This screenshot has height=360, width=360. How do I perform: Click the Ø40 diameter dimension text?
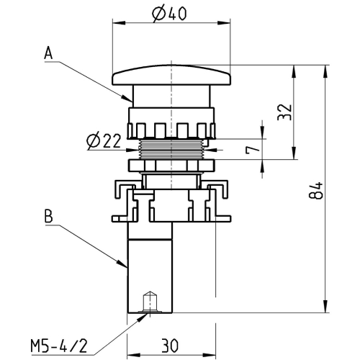pos(169,14)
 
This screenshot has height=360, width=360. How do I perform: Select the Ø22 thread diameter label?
pos(104,141)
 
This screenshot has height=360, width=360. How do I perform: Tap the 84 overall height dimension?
pos(315,191)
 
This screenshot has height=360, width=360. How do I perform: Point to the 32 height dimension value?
pos(284,112)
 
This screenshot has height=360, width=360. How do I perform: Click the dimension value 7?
pos(253,150)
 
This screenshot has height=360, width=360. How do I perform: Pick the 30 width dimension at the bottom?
pos(169,346)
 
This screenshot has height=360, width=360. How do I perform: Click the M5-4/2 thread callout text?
pos(58,346)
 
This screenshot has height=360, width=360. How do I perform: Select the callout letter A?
pos(48,53)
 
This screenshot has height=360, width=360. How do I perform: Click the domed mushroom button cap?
pos(171,75)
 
